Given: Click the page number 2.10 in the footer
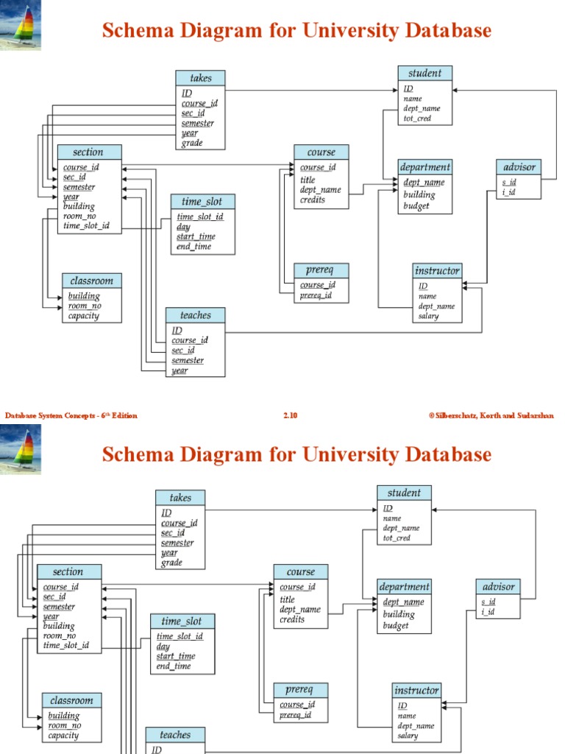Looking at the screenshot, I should click(290, 416).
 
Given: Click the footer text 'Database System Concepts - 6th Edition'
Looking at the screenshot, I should click(71, 416).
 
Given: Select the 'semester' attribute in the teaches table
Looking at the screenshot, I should click(188, 361).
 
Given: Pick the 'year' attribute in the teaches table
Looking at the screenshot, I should click(180, 371).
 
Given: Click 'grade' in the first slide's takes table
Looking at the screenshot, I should click(192, 144).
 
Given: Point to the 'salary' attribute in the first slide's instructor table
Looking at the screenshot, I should click(429, 317).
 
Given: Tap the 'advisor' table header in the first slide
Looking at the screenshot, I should click(519, 167).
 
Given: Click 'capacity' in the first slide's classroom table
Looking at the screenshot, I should click(83, 317).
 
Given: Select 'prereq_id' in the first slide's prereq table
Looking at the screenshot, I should click(316, 296).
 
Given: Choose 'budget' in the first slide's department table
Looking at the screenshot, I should click(416, 206).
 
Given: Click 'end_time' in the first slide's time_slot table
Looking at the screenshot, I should click(193, 247).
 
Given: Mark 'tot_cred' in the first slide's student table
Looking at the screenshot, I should click(417, 119).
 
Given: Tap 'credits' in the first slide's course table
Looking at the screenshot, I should click(313, 200).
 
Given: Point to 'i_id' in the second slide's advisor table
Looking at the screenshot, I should click(488, 612).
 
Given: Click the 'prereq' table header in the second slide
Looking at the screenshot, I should click(299, 690).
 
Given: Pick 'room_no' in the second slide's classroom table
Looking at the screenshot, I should click(65, 725).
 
